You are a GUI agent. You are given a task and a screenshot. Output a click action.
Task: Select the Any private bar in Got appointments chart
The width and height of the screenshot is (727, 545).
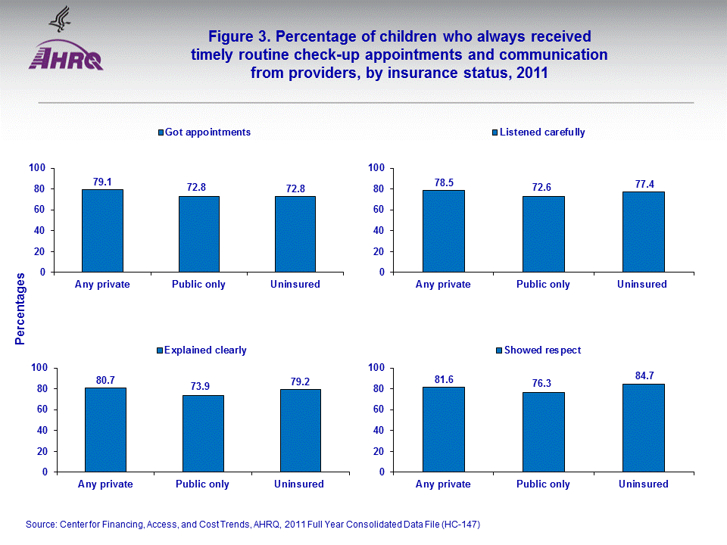[x=102, y=230]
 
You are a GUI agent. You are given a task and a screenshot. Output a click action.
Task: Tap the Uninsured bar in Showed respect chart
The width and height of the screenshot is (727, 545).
[x=643, y=428]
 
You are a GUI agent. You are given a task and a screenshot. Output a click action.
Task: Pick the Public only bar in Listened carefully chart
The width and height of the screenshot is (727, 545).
[x=543, y=234]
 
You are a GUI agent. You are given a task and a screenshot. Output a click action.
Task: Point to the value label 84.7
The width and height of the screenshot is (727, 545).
[x=643, y=375]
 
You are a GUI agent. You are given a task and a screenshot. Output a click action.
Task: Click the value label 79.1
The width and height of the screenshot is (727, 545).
[x=102, y=182]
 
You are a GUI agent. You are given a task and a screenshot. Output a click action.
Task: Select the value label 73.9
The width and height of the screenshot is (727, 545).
[x=203, y=386]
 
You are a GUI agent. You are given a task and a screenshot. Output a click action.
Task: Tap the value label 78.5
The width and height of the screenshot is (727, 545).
[x=443, y=182]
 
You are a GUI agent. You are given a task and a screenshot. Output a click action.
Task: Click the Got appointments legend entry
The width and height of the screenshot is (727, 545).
[x=204, y=132]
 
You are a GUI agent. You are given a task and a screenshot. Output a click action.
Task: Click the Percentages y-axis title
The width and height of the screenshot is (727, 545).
[x=20, y=311]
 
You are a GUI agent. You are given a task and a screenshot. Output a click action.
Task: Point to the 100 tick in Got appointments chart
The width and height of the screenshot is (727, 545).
[x=37, y=168]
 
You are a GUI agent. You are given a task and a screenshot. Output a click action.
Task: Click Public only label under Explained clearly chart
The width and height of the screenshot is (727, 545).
[x=203, y=484]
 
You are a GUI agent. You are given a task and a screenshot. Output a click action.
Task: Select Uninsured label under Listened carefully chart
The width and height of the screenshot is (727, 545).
[x=642, y=285]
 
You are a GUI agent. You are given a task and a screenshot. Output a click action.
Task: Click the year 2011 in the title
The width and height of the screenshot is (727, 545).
[x=528, y=73]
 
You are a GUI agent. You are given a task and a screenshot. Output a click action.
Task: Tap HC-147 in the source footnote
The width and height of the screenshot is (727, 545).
[x=459, y=525]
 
